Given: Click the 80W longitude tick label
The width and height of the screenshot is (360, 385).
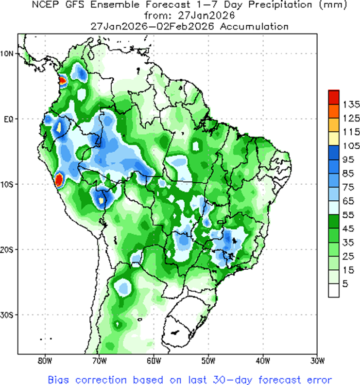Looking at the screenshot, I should pyautogui.click(x=44, y=361).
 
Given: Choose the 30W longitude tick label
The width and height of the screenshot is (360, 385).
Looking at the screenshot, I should pyautogui.click(x=317, y=361).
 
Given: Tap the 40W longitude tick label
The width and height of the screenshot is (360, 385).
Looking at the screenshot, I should pyautogui.click(x=262, y=361).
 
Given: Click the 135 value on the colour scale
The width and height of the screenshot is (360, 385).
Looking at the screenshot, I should pyautogui.click(x=350, y=104).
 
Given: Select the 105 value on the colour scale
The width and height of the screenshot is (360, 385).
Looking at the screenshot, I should pyautogui.click(x=350, y=145).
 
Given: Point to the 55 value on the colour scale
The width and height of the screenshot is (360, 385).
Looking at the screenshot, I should pyautogui.click(x=348, y=214).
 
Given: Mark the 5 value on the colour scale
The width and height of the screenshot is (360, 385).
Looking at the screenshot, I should pyautogui.click(x=345, y=283).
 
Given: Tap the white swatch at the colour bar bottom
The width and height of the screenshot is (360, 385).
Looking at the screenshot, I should pyautogui.click(x=333, y=290).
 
